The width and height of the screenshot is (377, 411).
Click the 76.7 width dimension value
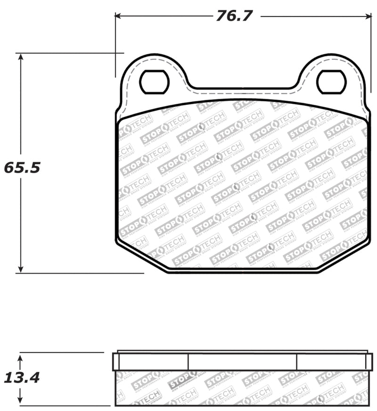[235, 16]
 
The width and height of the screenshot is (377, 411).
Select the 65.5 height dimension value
[22, 167]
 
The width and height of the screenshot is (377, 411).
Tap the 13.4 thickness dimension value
[22, 377]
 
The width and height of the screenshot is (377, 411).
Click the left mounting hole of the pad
[154, 82]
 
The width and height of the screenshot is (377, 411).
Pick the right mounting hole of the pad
[331, 82]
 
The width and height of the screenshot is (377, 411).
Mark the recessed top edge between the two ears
[243, 88]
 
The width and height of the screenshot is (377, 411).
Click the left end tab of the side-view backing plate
[116, 361]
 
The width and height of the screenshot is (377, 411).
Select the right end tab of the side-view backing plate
[369, 361]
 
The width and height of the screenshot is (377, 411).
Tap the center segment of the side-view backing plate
[242, 361]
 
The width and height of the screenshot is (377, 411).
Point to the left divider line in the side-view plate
[188, 361]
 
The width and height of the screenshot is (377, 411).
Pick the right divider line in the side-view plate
[297, 361]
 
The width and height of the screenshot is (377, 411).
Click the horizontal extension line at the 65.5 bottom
[80, 273]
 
